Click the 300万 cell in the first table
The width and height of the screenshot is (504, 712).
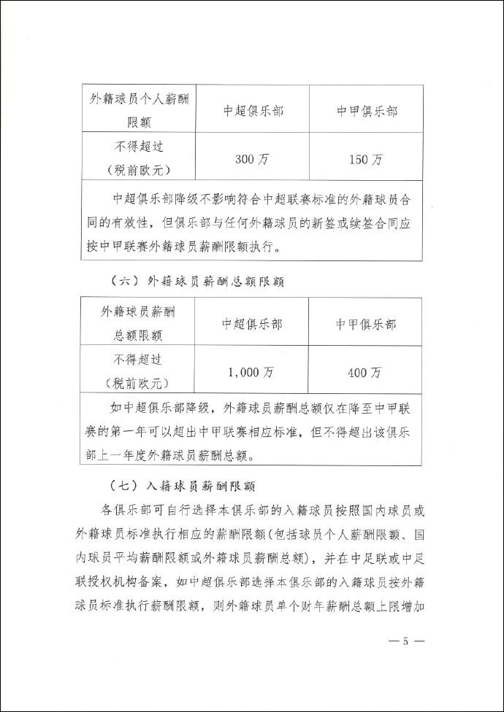(x=253, y=158)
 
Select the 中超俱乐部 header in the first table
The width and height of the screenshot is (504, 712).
(x=253, y=109)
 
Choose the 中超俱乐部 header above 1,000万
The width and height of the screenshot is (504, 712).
(x=252, y=325)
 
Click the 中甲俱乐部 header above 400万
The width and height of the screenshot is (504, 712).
(x=366, y=325)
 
